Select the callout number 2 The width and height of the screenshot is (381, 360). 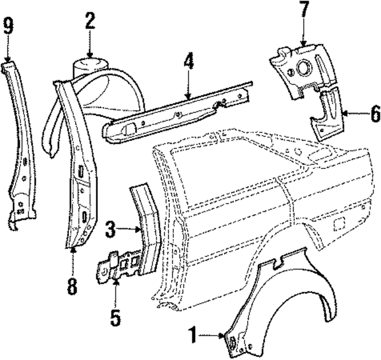89,21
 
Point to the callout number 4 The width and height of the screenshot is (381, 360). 188,61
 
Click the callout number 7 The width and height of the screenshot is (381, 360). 304,10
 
